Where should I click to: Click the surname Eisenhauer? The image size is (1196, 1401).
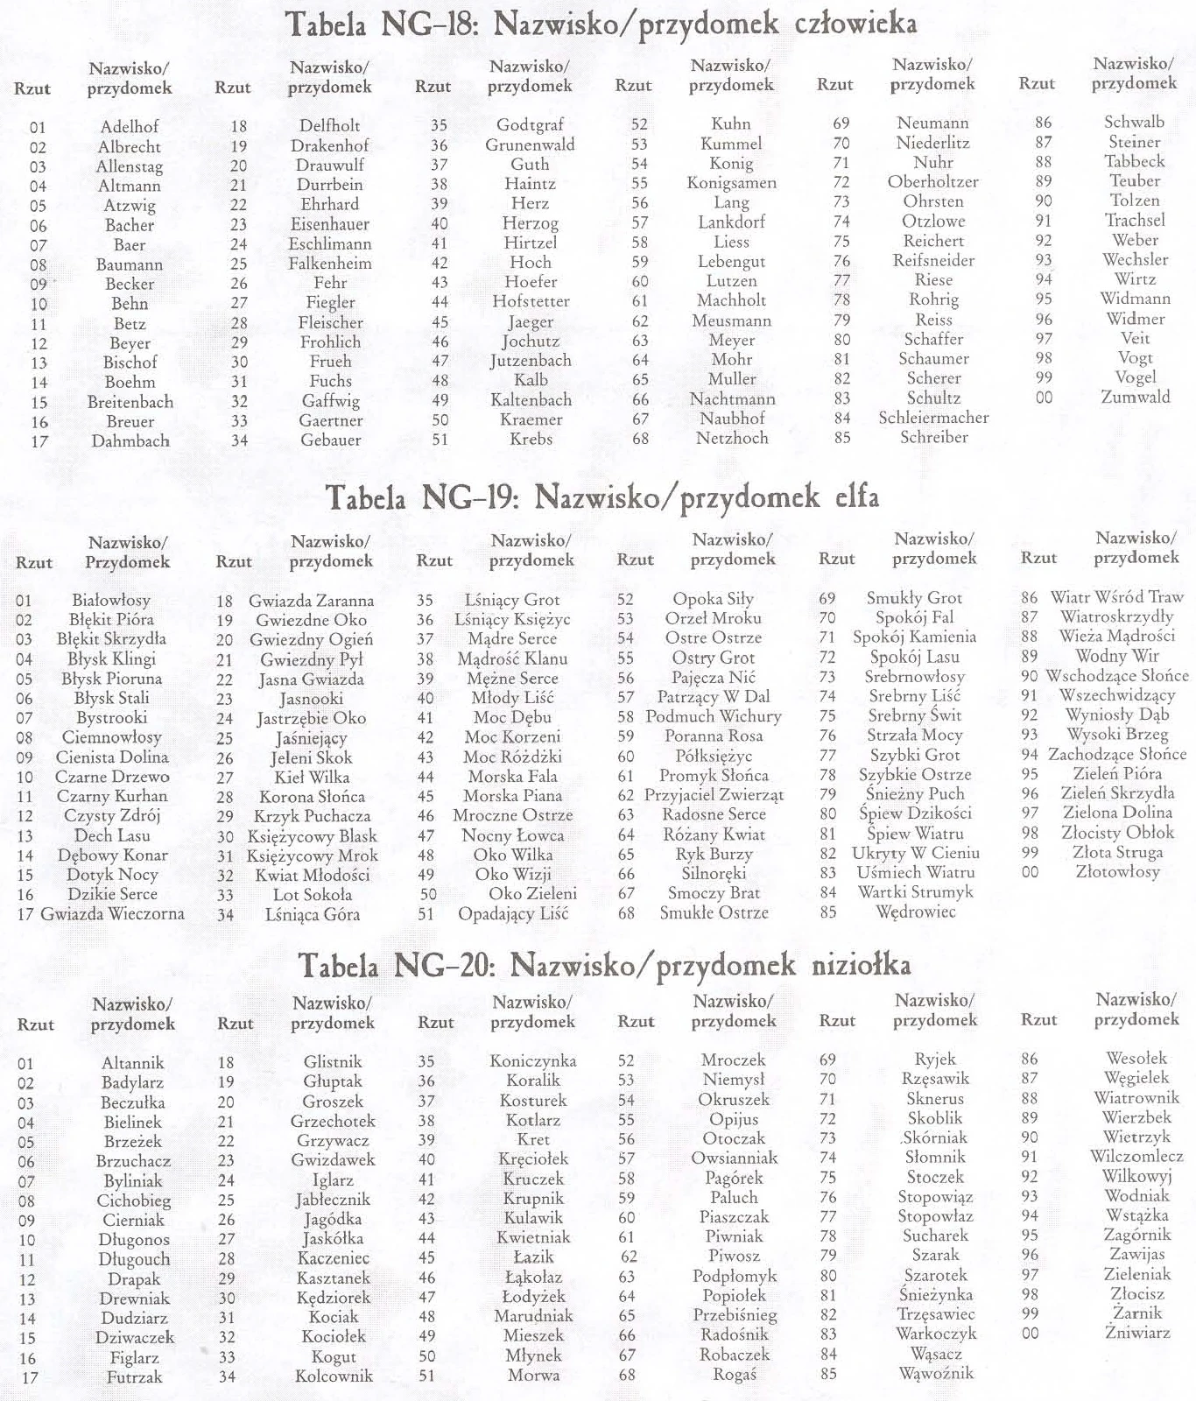point(330,224)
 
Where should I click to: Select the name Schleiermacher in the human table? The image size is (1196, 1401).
point(933,418)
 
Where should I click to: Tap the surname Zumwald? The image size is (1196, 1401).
point(1136,397)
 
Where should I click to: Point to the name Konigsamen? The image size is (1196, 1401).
point(731,183)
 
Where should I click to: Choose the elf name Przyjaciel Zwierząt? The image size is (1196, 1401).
point(714,795)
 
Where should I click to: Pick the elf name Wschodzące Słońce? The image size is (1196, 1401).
point(1116,676)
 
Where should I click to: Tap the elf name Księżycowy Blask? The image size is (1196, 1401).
point(312,836)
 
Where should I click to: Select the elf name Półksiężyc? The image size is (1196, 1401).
point(714,756)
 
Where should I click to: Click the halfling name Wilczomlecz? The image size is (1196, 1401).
point(1136,1156)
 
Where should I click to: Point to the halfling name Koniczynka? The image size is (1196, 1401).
point(532,1060)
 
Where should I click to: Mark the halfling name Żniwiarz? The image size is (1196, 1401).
point(1136,1333)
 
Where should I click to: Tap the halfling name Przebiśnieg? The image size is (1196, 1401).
point(735,1315)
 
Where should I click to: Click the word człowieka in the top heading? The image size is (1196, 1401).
point(855,24)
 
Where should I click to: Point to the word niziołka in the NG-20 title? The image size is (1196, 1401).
point(861,965)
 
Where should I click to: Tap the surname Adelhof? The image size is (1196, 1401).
point(130,126)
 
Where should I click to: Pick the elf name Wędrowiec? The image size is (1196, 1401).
point(916,912)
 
